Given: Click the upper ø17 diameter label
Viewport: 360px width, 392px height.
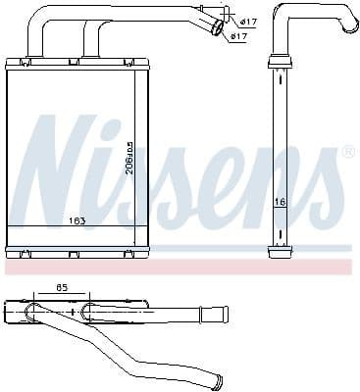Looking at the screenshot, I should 249,21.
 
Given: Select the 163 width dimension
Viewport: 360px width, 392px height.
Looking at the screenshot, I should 77,220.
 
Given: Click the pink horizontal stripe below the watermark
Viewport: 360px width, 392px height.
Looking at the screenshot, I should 177,266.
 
